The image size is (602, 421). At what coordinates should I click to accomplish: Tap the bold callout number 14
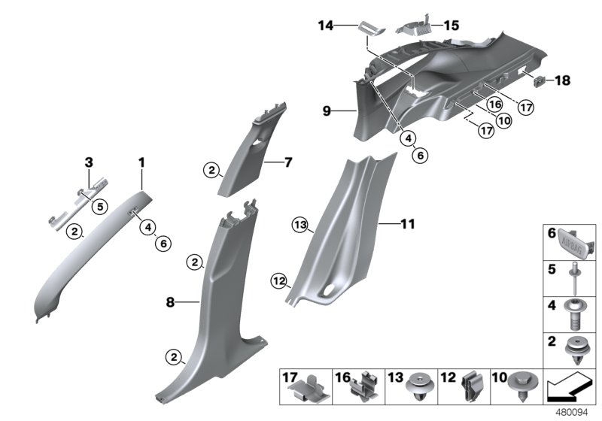(x=325, y=26)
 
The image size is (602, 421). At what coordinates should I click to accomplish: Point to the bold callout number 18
(x=564, y=80)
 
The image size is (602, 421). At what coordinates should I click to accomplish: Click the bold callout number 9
(x=327, y=111)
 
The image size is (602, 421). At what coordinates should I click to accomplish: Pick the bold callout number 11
(x=407, y=224)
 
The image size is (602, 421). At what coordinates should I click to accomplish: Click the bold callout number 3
(x=88, y=162)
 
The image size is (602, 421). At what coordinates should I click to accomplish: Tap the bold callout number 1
(x=141, y=162)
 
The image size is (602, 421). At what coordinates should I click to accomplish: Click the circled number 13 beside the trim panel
(x=301, y=226)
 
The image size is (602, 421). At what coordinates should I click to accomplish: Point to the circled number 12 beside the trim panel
(x=280, y=281)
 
